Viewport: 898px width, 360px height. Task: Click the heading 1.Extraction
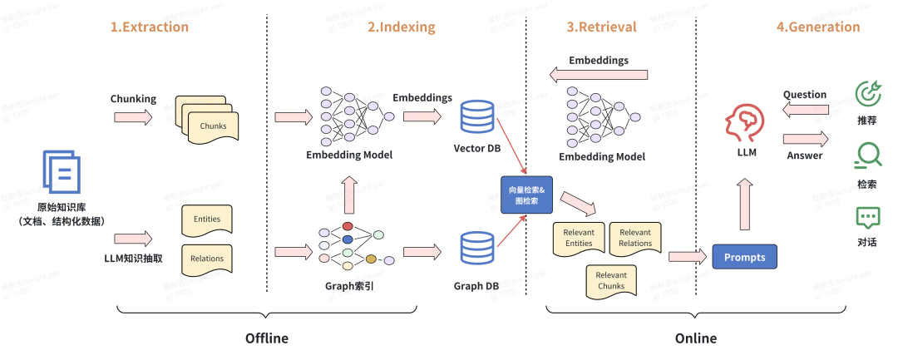[150, 27]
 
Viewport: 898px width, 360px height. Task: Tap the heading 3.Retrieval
[602, 27]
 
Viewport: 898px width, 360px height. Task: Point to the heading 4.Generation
[818, 27]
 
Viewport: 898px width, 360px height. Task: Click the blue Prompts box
[744, 257]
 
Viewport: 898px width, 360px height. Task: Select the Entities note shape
[206, 219]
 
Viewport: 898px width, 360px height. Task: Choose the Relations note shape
[206, 259]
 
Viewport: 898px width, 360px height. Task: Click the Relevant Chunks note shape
[611, 281]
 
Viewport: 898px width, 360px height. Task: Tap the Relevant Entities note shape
[579, 239]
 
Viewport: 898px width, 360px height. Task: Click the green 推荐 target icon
[868, 93]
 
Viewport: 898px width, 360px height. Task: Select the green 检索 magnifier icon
[868, 155]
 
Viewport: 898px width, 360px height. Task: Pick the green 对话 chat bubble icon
[868, 219]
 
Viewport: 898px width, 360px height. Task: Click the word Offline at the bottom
[266, 338]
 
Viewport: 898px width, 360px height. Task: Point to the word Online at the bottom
[695, 338]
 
